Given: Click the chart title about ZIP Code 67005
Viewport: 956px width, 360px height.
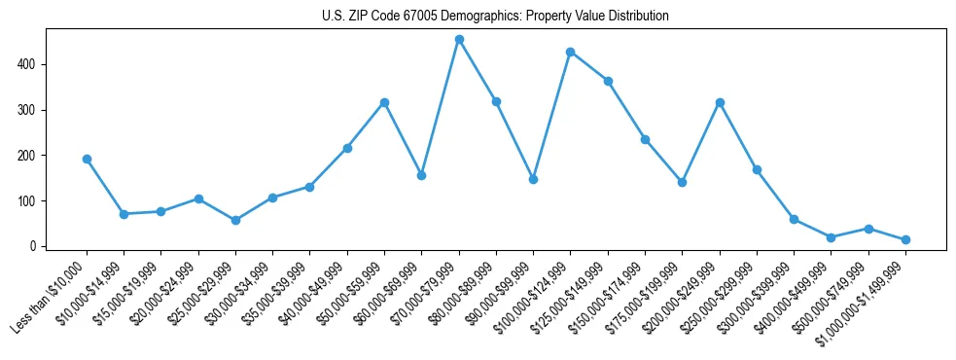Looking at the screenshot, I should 495,17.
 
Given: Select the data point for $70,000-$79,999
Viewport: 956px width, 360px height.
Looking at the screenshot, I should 459,40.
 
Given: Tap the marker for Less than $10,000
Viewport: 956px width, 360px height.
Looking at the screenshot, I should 87,159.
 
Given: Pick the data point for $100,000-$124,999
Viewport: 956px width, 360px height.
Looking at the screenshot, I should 571,52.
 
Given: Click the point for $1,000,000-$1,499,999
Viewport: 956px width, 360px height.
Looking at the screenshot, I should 905,239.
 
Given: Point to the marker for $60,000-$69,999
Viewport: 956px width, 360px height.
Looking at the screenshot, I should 421,175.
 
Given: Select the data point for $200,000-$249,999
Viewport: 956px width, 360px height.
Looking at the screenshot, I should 720,102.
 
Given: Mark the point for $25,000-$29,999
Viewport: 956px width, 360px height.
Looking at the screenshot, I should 235,220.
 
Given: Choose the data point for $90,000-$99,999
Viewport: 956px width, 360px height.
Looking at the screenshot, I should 533,179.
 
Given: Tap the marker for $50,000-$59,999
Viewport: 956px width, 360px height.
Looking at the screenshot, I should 384,102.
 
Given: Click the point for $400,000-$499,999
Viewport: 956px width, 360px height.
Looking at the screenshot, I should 831,237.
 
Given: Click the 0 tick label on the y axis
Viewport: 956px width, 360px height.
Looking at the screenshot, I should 34,246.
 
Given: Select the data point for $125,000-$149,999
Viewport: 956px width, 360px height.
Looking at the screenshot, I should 608,81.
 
